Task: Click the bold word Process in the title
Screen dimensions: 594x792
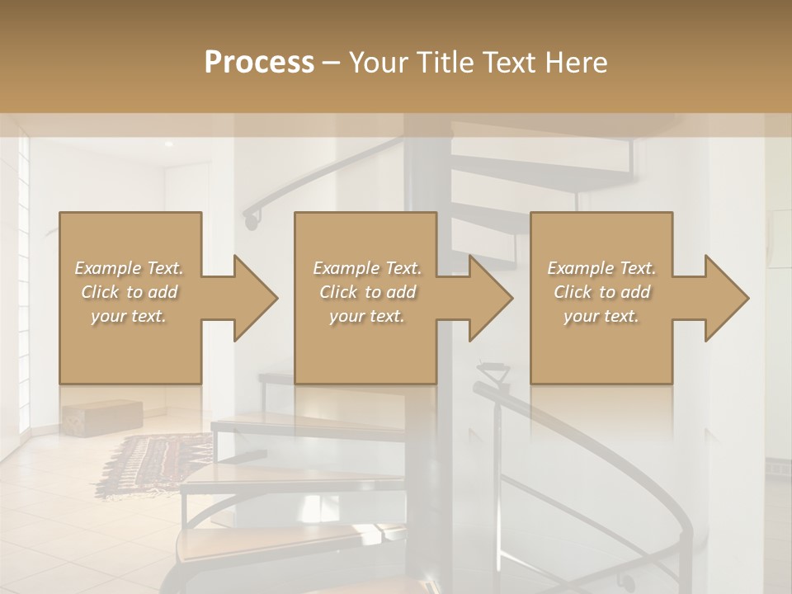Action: click(259, 63)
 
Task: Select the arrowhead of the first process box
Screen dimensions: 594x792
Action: click(254, 298)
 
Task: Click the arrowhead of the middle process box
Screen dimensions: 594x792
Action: click(490, 298)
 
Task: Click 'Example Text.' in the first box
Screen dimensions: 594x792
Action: click(130, 268)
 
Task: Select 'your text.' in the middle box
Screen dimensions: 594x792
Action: click(366, 316)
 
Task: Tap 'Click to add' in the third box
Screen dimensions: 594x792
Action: click(601, 292)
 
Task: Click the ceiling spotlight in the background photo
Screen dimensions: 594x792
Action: click(168, 144)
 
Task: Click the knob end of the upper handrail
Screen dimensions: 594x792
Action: click(251, 220)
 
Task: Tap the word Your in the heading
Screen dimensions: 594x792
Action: click(379, 63)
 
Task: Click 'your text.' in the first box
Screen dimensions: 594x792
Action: click(130, 316)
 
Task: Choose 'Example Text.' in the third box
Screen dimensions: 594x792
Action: click(601, 268)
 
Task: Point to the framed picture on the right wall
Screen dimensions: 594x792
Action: click(779, 239)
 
